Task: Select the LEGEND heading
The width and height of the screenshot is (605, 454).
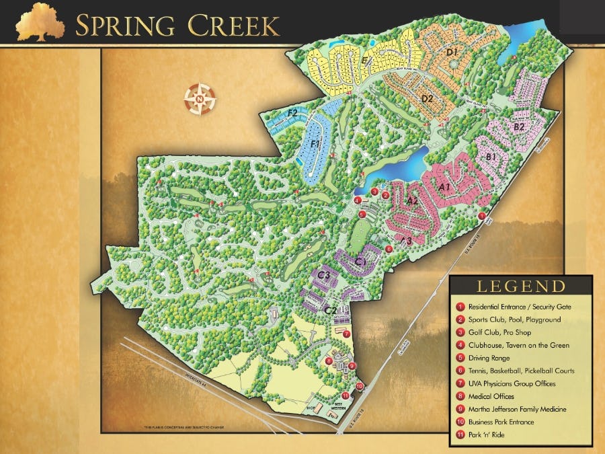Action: pos(521,287)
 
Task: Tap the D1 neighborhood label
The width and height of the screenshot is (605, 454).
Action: pos(452,52)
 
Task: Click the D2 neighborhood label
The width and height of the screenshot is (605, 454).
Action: pos(426,99)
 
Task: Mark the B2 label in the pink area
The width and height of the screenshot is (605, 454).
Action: pos(519,126)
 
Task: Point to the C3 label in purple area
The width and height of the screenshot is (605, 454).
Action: pos(324,274)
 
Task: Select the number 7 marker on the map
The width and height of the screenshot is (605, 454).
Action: pos(346,334)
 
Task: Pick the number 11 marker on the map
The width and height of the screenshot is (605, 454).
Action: pos(346,395)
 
